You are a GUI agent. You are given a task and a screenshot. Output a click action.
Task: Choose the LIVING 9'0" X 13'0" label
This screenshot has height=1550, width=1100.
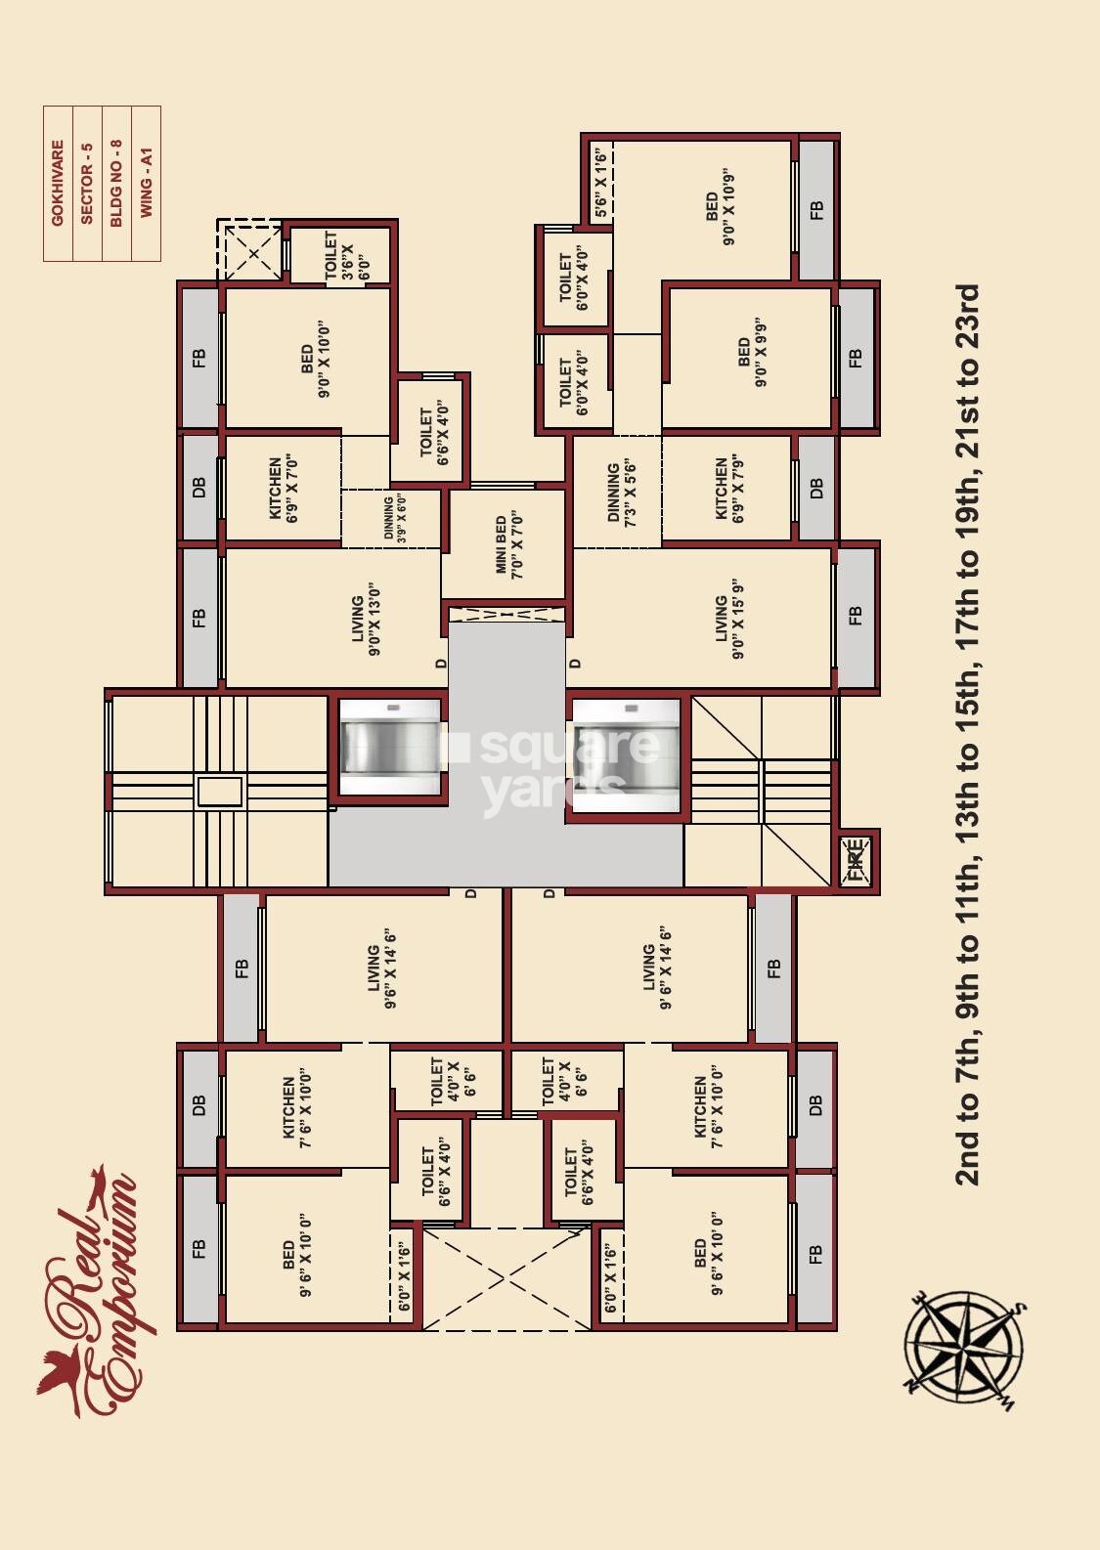click(x=365, y=619)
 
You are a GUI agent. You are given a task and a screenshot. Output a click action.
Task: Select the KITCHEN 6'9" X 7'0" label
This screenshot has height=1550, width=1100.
click(x=284, y=488)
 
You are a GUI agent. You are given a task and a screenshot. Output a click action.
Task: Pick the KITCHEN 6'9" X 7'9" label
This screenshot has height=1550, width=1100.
click(x=729, y=489)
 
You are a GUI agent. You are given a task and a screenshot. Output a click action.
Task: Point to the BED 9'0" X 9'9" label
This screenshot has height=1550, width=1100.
click(x=752, y=357)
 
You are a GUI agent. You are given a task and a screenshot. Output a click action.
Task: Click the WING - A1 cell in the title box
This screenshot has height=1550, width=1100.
click(x=146, y=183)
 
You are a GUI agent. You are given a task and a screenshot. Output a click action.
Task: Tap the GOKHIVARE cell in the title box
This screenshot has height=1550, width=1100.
click(x=58, y=183)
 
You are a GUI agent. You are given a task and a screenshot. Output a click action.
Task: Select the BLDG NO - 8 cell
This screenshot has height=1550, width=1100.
click(x=116, y=183)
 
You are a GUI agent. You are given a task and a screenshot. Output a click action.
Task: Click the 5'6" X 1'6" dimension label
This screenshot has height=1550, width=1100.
click(x=601, y=183)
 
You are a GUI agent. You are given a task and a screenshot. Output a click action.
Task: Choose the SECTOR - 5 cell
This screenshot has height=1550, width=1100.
click(x=87, y=183)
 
